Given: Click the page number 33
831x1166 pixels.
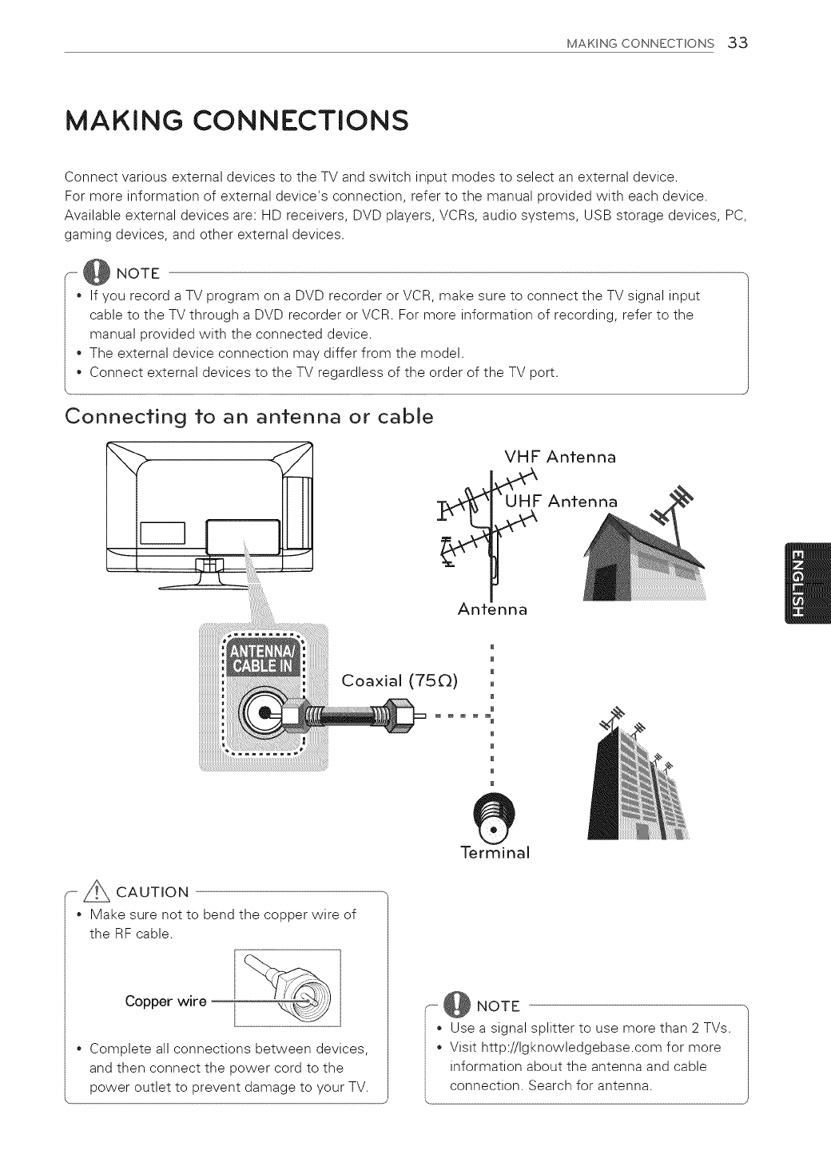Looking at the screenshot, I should pos(737,43).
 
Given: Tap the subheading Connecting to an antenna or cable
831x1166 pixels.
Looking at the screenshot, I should pos(249,417).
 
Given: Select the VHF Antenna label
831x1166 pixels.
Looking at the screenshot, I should pos(560,458).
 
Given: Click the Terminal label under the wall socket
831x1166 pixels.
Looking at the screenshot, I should pos(495,852).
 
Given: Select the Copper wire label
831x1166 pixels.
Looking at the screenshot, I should pos(165,1001).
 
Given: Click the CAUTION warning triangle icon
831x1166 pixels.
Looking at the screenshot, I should pos(101,890).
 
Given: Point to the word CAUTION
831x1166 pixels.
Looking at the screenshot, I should pos(152,891).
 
